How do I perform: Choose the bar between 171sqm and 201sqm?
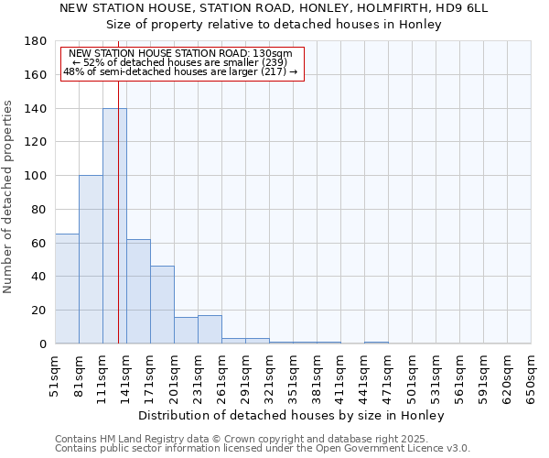point(162,305)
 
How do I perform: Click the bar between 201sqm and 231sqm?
point(186,331)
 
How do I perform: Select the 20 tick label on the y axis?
point(39,311)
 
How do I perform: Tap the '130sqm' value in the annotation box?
point(272,54)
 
